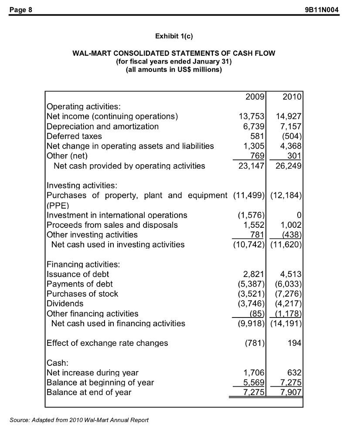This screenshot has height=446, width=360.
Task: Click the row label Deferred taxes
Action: [x=74, y=136]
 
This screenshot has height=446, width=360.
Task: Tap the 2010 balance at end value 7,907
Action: [x=289, y=392]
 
